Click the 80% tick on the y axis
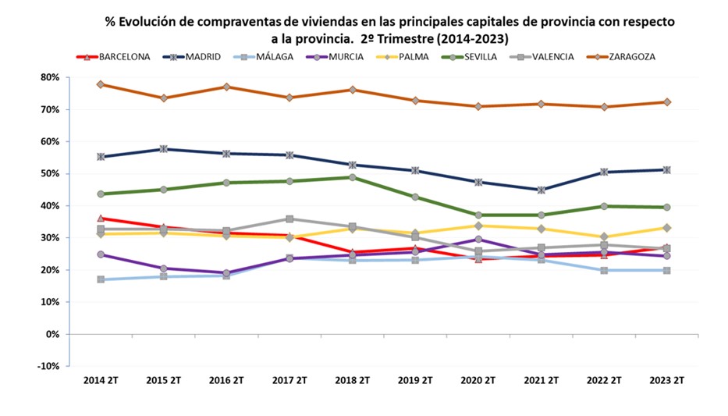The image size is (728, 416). (49, 77)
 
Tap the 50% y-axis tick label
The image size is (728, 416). (49, 173)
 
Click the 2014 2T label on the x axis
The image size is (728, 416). (101, 380)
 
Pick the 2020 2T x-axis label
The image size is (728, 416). (478, 380)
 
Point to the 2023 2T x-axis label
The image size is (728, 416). (666, 380)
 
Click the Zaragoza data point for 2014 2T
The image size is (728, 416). (101, 84)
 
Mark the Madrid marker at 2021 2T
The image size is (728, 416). (541, 190)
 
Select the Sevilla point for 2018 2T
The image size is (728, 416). (353, 177)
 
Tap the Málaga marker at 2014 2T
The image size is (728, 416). (101, 279)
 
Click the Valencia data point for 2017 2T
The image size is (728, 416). (289, 219)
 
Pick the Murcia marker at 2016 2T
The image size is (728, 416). (227, 273)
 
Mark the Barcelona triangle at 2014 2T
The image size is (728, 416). (101, 219)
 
